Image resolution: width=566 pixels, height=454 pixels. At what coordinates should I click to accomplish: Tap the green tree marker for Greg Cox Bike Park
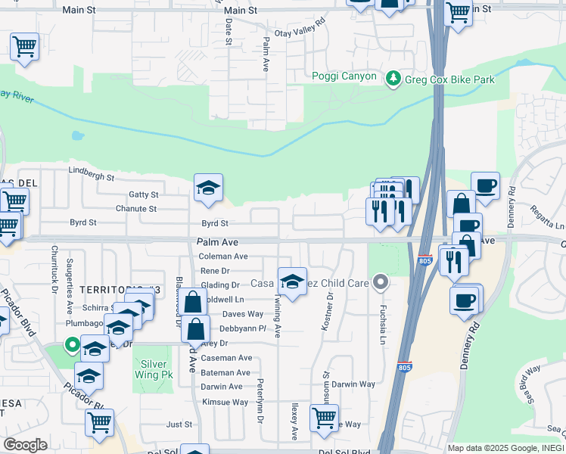point(393,78)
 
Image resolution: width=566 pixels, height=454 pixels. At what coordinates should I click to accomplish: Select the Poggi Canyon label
point(344,76)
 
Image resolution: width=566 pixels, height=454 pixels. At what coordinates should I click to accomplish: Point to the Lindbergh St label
point(91,178)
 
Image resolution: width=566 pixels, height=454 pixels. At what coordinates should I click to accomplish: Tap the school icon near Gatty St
point(208,188)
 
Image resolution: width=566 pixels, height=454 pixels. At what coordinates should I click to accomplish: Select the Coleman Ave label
point(223,257)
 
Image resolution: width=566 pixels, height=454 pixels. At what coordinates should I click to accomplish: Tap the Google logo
point(25,445)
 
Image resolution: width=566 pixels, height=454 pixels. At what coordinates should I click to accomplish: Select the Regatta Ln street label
point(547,216)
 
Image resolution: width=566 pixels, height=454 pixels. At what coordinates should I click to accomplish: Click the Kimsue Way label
point(224,402)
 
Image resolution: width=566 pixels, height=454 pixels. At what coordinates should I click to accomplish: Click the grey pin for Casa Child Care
point(381,283)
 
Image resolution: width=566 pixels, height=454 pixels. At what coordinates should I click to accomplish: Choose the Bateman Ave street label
point(225,372)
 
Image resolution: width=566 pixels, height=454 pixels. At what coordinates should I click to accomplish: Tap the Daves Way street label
point(242,314)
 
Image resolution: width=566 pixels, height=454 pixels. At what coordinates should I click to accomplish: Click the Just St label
point(180,424)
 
